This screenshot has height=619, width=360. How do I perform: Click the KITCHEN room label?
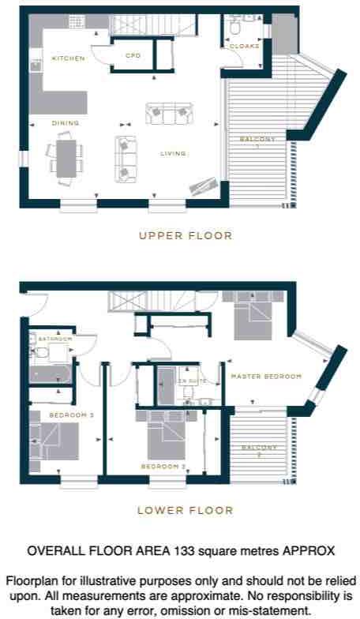point(68,58)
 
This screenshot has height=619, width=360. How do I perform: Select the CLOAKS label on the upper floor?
point(244,47)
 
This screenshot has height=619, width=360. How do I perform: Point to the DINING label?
point(66,123)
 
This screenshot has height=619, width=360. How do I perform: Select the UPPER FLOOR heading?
point(185,235)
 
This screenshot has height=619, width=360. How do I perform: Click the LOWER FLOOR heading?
point(185,510)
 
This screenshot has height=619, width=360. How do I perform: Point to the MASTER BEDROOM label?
point(266,377)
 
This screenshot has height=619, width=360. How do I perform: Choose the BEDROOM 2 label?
point(163,467)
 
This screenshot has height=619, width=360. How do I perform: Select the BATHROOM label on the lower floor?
point(54,340)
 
